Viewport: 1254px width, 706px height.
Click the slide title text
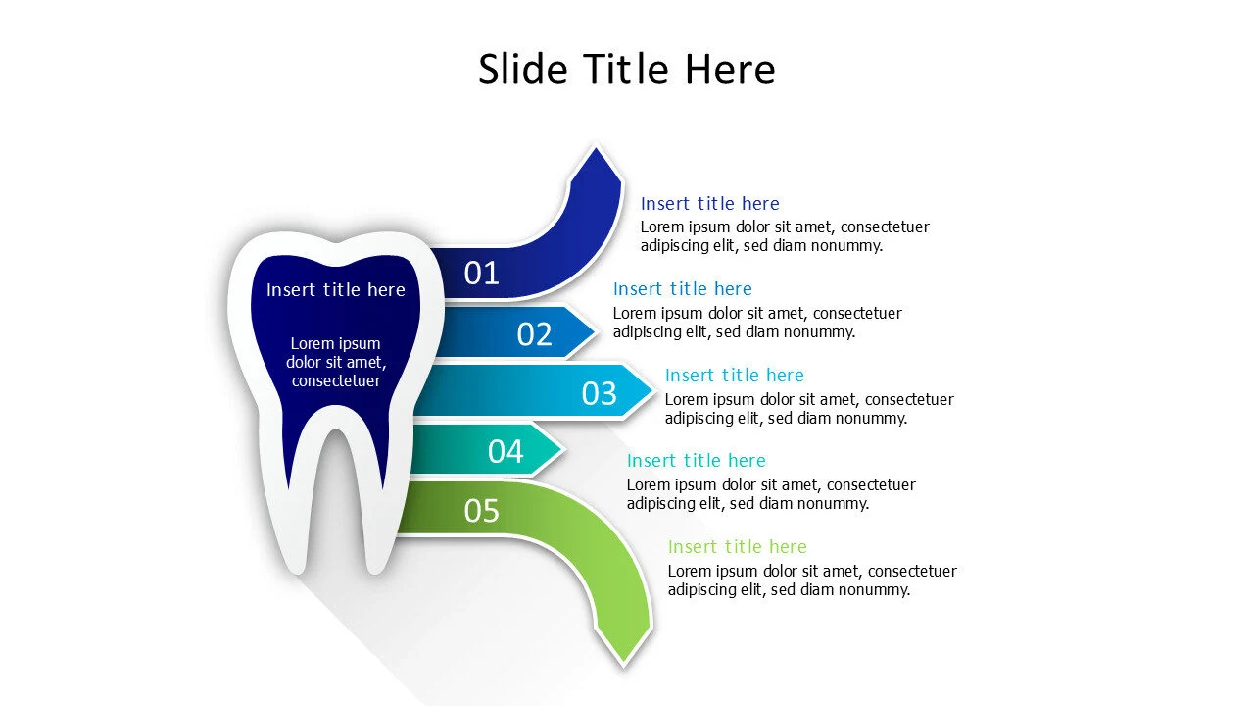click(626, 70)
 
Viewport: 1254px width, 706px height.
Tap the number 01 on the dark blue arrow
click(481, 274)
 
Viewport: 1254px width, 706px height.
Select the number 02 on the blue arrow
click(534, 334)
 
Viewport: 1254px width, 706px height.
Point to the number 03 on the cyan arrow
click(599, 393)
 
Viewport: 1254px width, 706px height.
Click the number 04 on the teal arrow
click(506, 451)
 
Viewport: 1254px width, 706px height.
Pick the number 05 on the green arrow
click(481, 510)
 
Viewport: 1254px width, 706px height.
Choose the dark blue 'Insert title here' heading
click(709, 204)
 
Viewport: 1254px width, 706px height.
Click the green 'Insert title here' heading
click(737, 547)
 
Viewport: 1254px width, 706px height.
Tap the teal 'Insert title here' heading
click(696, 461)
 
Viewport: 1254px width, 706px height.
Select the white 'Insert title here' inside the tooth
click(335, 290)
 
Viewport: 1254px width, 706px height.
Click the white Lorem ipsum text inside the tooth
click(335, 362)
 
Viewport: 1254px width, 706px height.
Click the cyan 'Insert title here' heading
click(734, 376)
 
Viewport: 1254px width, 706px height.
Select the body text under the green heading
click(811, 580)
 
